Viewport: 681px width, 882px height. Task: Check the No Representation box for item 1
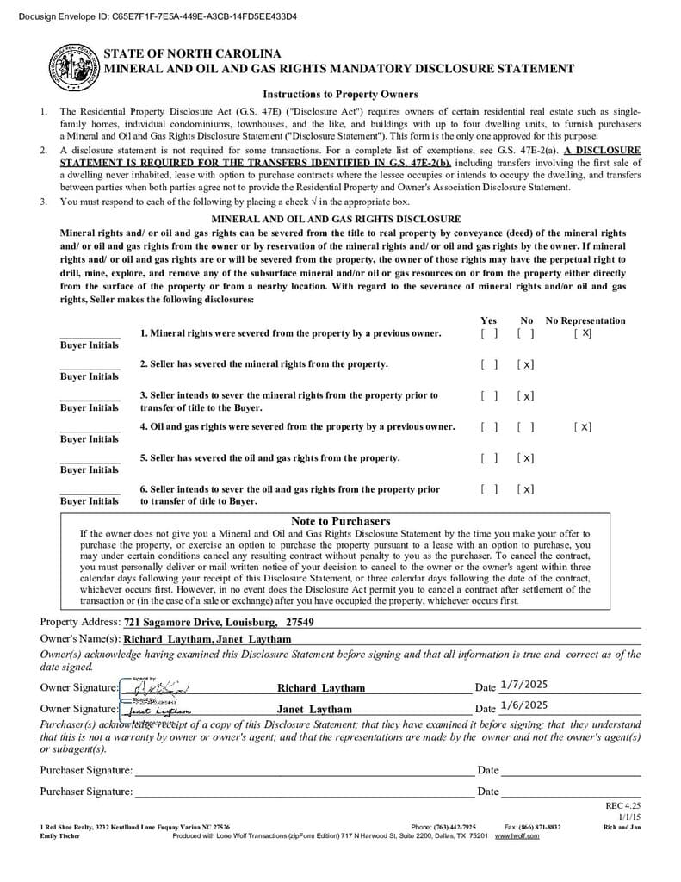click(x=583, y=333)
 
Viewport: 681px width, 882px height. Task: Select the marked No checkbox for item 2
click(x=526, y=364)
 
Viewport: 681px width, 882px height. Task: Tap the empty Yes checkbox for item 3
click(x=489, y=396)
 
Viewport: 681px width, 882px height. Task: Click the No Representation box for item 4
click(x=583, y=427)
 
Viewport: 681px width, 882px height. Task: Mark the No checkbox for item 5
click(x=526, y=458)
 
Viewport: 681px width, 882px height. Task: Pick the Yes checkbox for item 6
click(x=489, y=489)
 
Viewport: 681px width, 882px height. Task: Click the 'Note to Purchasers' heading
click(x=340, y=521)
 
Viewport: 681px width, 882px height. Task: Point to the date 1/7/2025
click(x=523, y=685)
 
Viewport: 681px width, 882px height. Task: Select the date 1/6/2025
click(x=523, y=705)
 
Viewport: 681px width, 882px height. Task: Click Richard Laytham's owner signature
click(x=155, y=687)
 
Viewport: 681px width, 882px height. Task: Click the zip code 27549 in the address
click(x=300, y=622)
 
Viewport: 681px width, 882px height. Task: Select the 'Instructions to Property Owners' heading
click(x=340, y=95)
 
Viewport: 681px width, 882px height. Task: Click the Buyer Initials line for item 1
click(x=90, y=334)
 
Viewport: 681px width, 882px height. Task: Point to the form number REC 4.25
click(x=623, y=805)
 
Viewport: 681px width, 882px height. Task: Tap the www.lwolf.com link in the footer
click(x=517, y=835)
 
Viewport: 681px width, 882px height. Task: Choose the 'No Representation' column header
click(x=585, y=320)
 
